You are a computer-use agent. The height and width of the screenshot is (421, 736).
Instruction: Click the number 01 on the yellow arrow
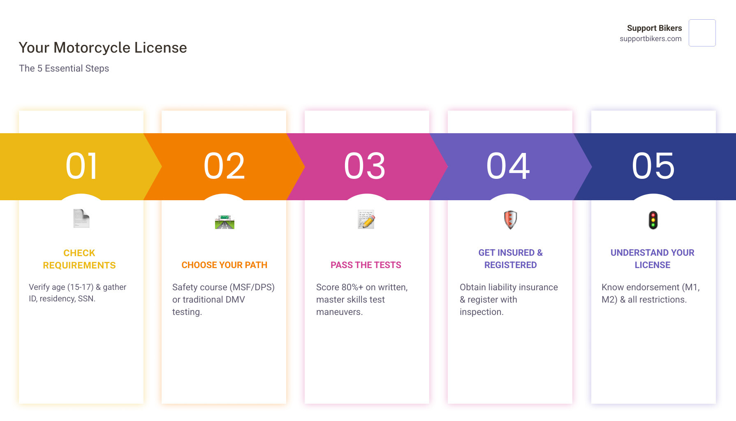pos(82,166)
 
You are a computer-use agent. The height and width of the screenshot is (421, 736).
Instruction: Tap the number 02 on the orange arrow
pos(225,166)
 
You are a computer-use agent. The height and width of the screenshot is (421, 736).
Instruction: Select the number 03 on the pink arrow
pos(365,166)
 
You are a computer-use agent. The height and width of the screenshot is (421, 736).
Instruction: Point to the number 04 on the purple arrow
pos(508,166)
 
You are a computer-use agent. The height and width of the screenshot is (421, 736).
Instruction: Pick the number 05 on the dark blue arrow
pos(653,166)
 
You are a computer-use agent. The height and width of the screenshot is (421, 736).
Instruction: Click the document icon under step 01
pos(81,218)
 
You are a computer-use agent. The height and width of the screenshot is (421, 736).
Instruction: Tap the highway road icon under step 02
pos(225,222)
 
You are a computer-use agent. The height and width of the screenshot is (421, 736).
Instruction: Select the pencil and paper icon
pos(366,220)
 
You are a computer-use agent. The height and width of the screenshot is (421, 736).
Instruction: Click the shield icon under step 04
pos(510,220)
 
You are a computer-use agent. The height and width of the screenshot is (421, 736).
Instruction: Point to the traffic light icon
pos(653,220)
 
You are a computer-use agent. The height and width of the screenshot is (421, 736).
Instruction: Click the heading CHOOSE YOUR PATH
pos(225,265)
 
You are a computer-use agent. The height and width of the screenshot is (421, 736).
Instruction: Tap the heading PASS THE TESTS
pos(366,265)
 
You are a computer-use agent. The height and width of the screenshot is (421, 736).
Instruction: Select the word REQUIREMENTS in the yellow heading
pos(79,266)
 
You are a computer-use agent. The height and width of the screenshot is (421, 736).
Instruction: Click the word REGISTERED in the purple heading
pos(511,265)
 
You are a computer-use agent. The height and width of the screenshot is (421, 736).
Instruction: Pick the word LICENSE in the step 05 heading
pos(653,265)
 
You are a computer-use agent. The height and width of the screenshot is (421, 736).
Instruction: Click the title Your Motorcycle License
pos(103,48)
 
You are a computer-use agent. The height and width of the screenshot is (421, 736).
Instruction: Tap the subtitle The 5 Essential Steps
pos(64,68)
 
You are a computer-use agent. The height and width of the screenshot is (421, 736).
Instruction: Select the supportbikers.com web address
pos(650,39)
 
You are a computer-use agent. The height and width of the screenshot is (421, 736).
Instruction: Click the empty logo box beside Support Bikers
pos(702,33)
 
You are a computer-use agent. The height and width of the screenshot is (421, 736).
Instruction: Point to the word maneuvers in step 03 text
pos(340,312)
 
